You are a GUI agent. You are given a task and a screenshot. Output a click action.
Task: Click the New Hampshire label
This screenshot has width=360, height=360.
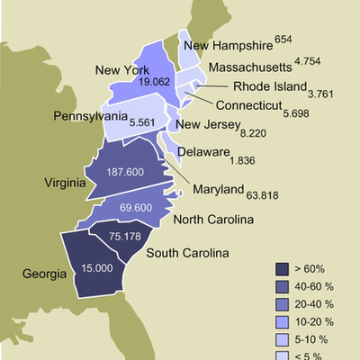227,46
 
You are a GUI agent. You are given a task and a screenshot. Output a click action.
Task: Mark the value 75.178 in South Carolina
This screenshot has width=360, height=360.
126,237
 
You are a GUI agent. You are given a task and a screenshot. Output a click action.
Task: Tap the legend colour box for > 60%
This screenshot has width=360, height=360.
282,269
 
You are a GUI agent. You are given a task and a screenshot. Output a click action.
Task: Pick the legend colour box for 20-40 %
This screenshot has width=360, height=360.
282,302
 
